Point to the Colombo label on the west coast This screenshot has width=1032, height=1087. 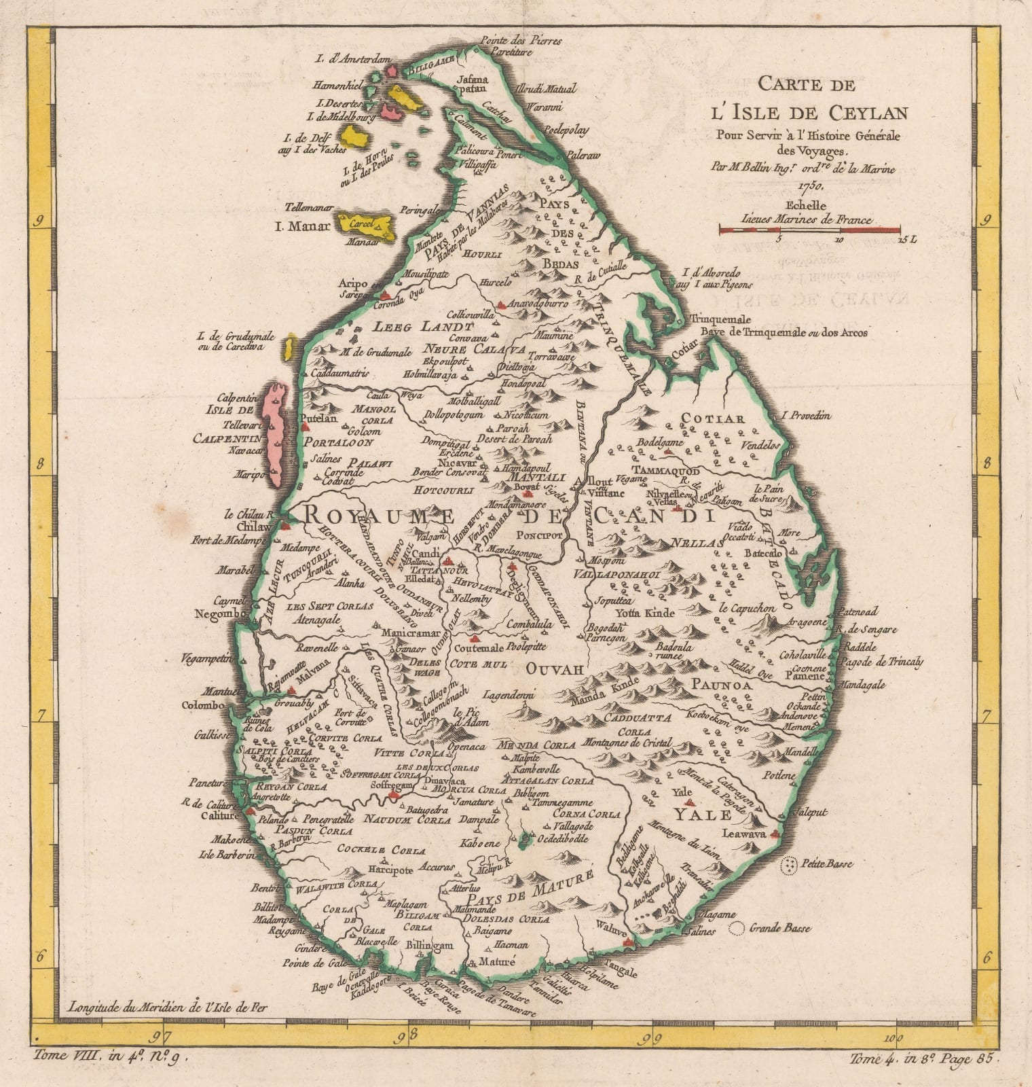coord(203,705)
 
